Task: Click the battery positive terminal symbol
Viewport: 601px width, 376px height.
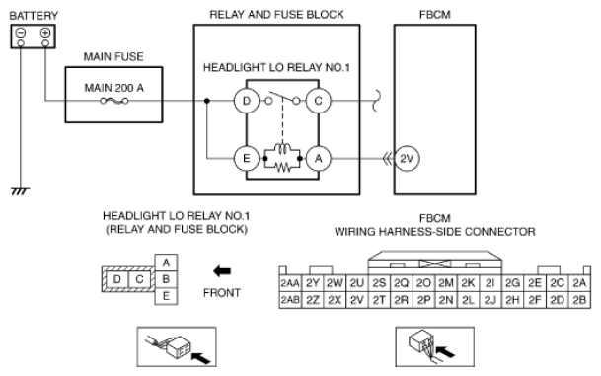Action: [45, 33]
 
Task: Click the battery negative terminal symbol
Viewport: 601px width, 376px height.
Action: [21, 33]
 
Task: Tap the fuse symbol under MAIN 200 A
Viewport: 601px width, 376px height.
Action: [114, 101]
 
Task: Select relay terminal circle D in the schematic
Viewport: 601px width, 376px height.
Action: [247, 101]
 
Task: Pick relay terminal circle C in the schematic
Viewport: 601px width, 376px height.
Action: [318, 101]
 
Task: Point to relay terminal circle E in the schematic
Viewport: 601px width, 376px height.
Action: [247, 158]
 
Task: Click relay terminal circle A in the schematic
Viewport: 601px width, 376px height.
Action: [318, 158]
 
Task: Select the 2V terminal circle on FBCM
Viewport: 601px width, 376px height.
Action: [407, 158]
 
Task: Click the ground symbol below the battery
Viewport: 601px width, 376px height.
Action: [21, 190]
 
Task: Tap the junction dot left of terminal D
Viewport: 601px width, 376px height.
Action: [207, 101]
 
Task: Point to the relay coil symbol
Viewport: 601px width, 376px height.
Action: [282, 149]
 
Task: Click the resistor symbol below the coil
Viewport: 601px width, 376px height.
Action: [282, 167]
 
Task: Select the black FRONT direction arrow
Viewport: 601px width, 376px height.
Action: [222, 271]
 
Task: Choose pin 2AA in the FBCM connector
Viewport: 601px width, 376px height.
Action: [290, 283]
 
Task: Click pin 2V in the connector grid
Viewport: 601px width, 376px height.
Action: [357, 300]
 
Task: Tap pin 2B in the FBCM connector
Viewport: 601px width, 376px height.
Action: [579, 300]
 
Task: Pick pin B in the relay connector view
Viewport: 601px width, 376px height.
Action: [166, 279]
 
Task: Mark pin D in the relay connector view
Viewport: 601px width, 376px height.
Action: [116, 279]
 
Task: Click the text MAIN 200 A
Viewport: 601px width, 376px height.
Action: [114, 88]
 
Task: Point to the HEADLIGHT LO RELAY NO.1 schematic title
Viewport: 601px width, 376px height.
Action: [276, 68]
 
